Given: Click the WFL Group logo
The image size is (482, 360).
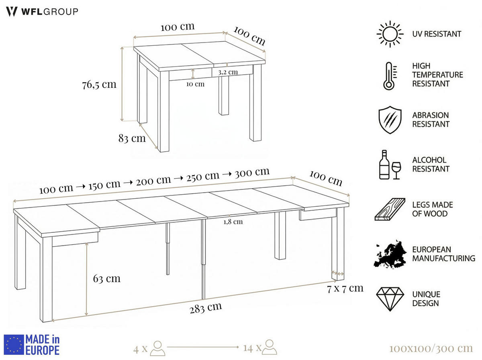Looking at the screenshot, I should [42, 12].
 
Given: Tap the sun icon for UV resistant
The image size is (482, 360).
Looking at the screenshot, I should [390, 34].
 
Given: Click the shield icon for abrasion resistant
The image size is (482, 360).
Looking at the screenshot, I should [390, 120].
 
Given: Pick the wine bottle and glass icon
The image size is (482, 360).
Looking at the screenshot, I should [390, 165].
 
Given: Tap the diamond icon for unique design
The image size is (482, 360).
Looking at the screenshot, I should [390, 299].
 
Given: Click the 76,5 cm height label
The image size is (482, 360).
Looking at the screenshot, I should [99, 85].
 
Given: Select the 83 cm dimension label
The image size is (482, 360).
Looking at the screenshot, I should [132, 138].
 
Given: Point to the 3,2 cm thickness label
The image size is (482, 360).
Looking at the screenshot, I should [228, 73].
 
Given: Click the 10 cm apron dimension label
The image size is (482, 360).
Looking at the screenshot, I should [195, 84].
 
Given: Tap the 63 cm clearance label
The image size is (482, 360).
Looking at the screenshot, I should [106, 279].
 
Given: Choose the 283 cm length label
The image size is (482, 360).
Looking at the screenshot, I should [206, 308].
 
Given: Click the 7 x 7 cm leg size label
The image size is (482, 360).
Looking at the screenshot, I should [345, 288].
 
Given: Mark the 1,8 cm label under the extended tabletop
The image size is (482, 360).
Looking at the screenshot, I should [233, 222].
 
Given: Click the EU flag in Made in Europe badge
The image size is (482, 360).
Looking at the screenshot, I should [14, 345].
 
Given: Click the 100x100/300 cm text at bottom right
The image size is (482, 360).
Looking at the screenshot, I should [431, 348].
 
